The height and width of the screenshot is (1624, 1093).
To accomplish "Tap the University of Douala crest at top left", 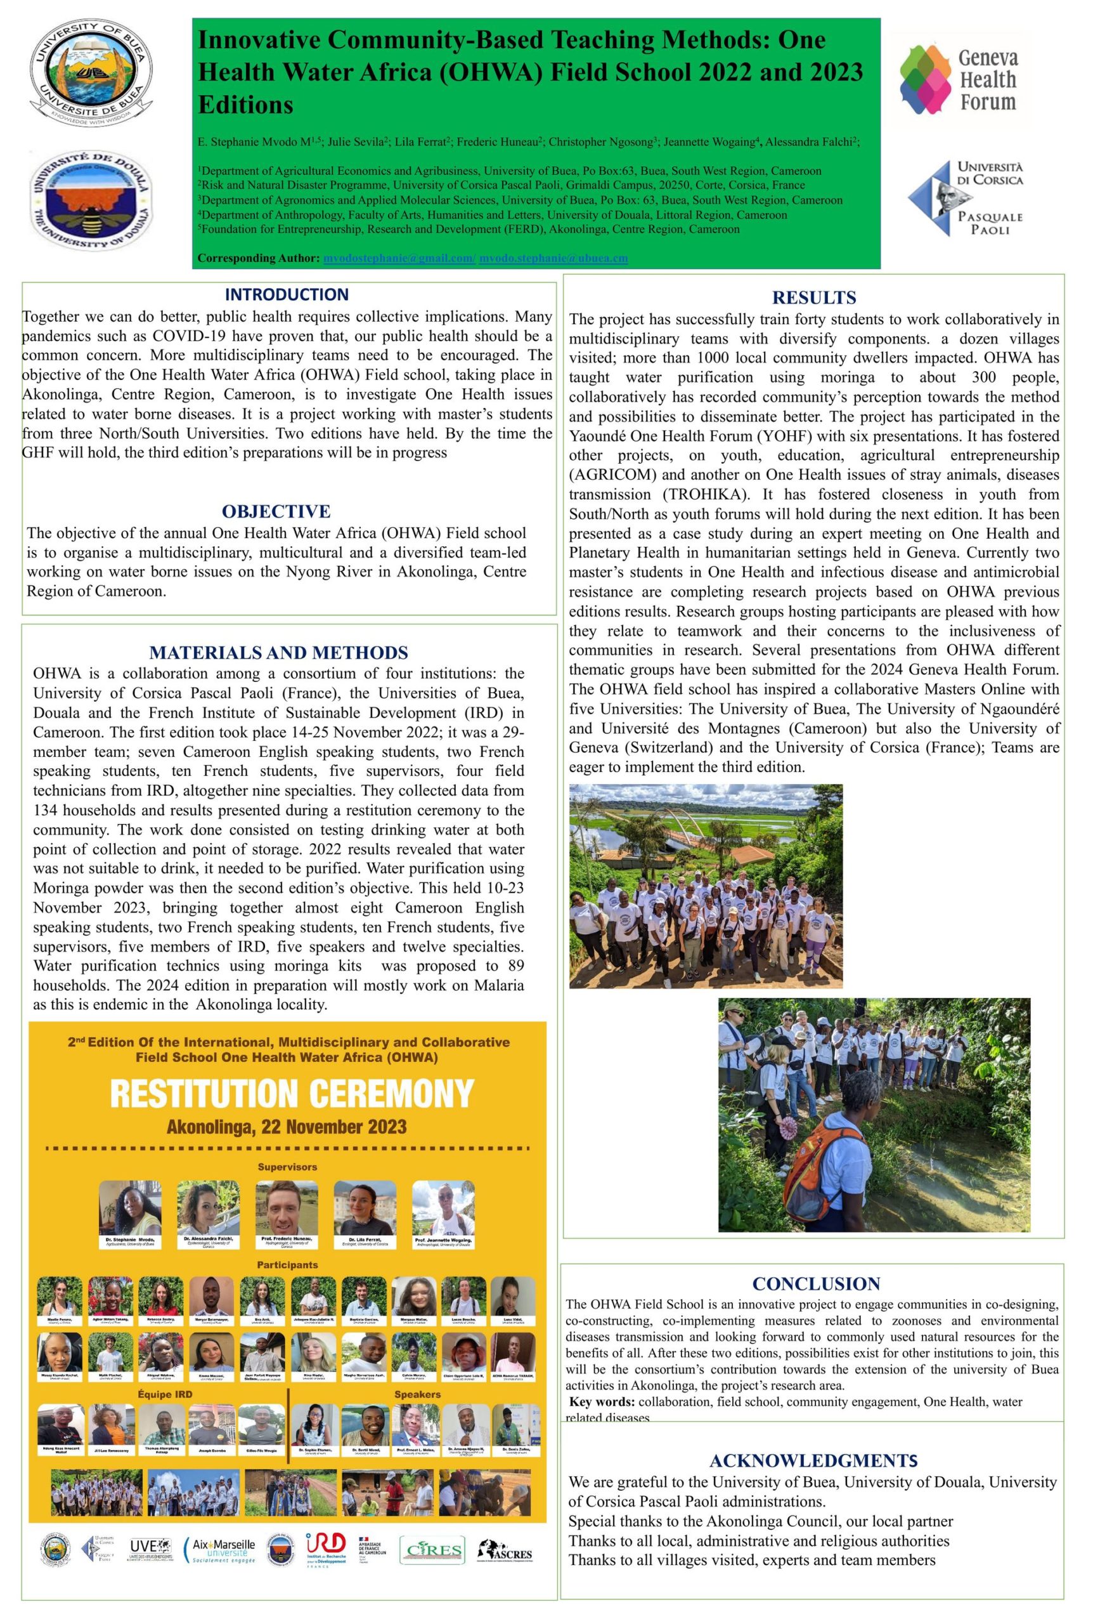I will [91, 199].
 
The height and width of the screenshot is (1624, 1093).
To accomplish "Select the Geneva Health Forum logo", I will [960, 79].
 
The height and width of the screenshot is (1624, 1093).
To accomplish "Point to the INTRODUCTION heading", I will [287, 294].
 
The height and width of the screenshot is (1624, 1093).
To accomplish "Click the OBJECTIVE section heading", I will [276, 511].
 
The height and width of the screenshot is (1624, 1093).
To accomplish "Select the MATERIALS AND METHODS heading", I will [278, 653].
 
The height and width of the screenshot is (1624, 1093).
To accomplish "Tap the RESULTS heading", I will [813, 298].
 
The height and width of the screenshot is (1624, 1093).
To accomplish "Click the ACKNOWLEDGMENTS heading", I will [813, 1461].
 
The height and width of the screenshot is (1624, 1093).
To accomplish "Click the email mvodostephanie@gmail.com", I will [399, 259].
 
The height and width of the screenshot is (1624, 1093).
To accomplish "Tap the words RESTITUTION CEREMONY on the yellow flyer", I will [292, 1094].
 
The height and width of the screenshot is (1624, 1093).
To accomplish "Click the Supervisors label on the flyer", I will [287, 1167].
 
